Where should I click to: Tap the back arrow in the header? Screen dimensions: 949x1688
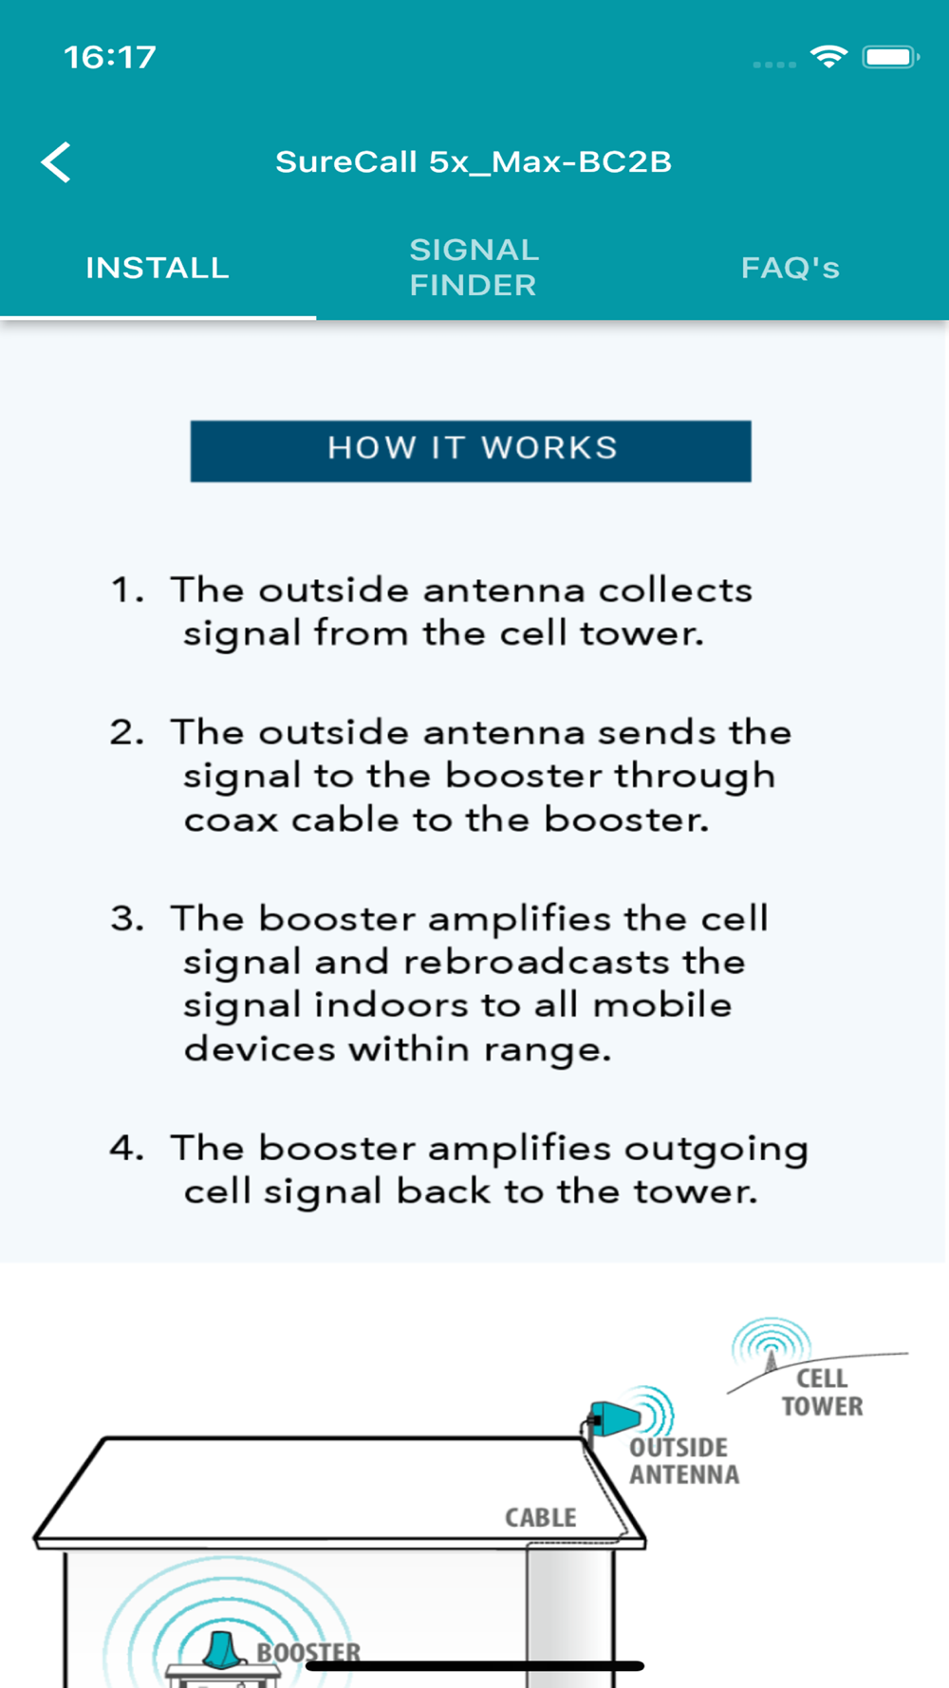click(x=56, y=162)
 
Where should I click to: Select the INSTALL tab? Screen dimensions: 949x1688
click(x=158, y=268)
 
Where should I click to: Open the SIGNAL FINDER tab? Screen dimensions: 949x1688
click(x=474, y=267)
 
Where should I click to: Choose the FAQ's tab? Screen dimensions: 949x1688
click(x=791, y=268)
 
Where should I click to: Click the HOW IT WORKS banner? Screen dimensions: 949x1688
click(x=471, y=451)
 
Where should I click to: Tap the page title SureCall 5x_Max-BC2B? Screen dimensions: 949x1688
click(x=474, y=161)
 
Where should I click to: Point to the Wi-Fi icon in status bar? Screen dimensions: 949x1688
click(x=828, y=57)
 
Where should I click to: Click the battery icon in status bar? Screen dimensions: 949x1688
click(x=890, y=57)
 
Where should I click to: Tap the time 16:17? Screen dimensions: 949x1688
click(x=110, y=57)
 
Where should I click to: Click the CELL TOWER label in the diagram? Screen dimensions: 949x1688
click(x=822, y=1392)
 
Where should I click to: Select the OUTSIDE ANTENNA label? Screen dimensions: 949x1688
click(x=684, y=1461)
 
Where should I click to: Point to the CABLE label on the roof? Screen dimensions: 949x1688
click(x=541, y=1517)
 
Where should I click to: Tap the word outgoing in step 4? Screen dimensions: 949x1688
click(x=716, y=1151)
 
